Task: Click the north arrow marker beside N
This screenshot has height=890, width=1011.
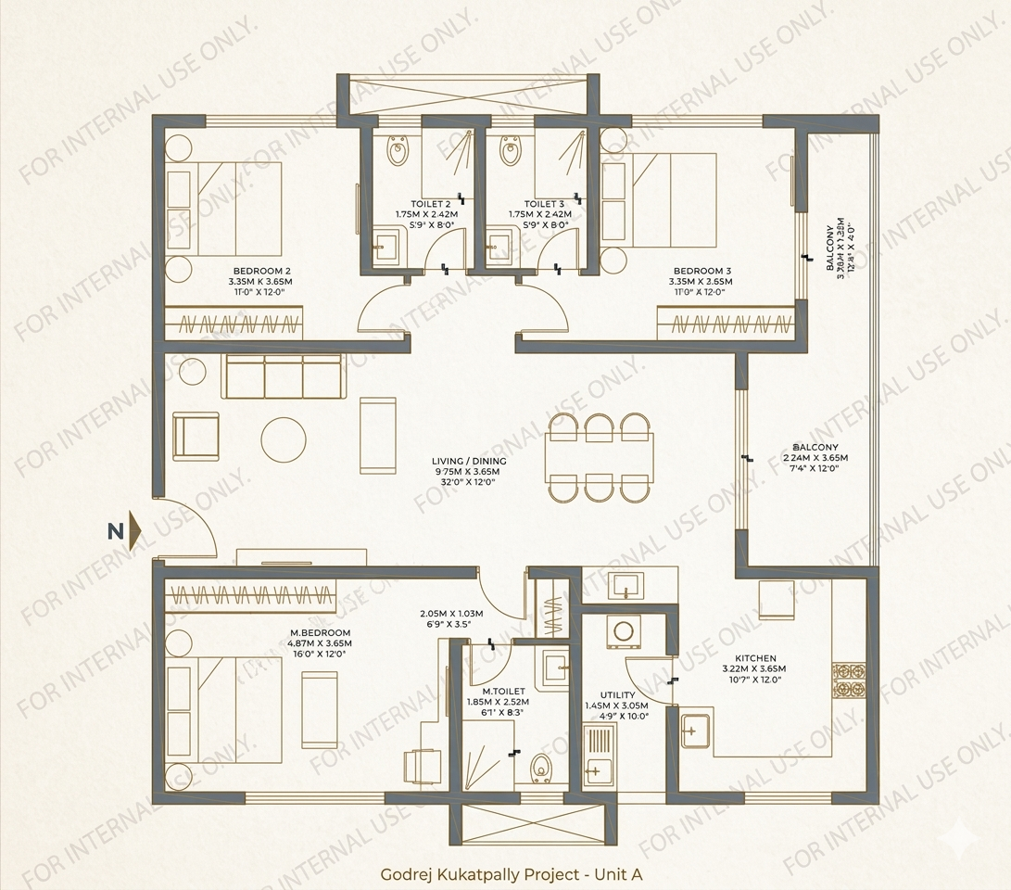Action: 135,531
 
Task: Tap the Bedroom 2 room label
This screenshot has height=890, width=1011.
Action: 260,271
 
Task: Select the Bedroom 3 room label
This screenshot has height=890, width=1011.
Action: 701,271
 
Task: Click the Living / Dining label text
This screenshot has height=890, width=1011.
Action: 469,461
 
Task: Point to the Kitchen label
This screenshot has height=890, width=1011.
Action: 755,657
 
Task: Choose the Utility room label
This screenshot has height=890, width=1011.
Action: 617,694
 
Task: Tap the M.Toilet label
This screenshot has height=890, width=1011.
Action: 503,691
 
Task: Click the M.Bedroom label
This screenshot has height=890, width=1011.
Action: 320,632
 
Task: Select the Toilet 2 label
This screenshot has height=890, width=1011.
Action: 431,204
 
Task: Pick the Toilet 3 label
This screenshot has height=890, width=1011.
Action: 544,204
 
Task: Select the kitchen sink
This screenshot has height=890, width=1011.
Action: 696,730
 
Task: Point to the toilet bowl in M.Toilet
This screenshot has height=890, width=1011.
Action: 543,768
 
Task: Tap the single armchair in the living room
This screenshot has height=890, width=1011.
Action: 197,436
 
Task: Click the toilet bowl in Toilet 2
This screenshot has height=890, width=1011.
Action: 398,149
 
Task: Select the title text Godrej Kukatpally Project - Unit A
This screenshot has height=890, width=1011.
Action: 512,873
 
